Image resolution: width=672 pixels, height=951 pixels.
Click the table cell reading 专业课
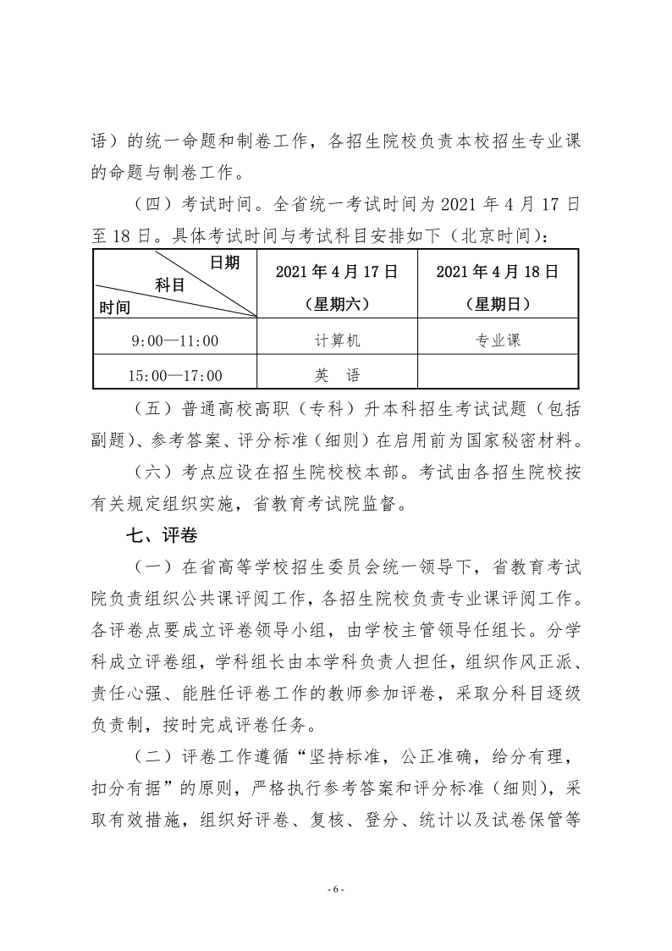point(498,340)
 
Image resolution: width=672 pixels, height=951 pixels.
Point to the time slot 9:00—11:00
point(175,340)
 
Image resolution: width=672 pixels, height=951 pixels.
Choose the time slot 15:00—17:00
point(175,374)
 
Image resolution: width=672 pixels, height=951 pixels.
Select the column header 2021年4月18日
point(498,272)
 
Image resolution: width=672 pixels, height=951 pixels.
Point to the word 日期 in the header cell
point(224,263)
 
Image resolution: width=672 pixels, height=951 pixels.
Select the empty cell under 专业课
point(498,374)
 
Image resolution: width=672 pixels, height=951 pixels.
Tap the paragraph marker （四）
point(152,203)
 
